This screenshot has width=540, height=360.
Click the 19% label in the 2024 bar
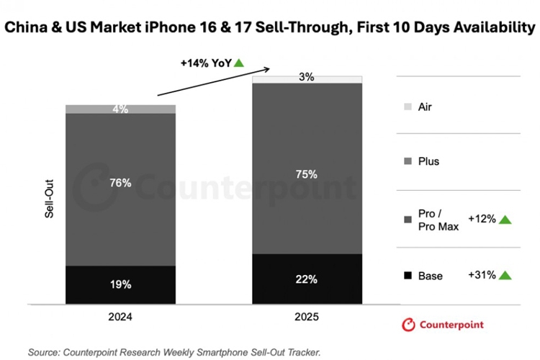point(120,284)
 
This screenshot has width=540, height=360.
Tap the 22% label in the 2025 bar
point(306,279)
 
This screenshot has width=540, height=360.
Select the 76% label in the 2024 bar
point(120,183)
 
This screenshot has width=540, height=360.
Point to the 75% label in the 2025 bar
point(306,173)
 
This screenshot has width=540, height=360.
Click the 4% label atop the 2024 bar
point(120,109)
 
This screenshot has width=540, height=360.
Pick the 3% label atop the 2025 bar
point(306,78)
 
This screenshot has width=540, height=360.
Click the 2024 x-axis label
point(120,315)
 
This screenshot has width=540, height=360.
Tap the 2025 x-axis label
point(306,315)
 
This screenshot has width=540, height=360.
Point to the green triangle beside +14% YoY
point(238,63)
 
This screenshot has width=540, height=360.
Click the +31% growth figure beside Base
point(482,275)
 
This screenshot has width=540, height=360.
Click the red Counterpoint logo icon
point(408,325)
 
